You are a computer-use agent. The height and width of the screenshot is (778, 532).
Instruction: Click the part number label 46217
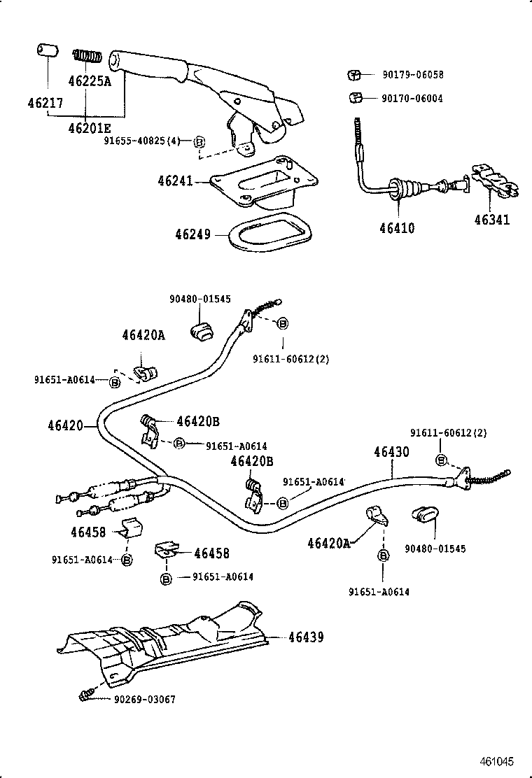[x=45, y=104]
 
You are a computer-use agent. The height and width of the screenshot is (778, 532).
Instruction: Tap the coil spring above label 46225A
[x=89, y=55]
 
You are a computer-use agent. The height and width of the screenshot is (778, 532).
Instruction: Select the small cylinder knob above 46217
[x=46, y=52]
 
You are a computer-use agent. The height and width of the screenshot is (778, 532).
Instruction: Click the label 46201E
[x=90, y=128]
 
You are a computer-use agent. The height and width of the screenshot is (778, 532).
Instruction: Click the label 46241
[x=174, y=181]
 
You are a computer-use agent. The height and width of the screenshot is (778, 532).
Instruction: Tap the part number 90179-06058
[x=412, y=75]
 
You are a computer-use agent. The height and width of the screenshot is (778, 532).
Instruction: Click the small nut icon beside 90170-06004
[x=355, y=98]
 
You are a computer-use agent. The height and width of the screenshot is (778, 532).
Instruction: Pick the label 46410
[x=397, y=228]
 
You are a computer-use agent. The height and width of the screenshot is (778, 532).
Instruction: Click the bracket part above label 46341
[x=494, y=184]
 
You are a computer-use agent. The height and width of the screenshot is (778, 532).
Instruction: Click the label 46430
[x=391, y=452]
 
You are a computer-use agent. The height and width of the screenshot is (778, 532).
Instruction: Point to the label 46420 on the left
[x=66, y=425]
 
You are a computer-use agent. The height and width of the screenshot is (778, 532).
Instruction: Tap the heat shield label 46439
[x=306, y=637]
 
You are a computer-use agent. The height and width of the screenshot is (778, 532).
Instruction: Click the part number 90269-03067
[x=144, y=700]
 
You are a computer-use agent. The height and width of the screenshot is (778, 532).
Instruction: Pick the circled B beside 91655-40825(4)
[x=199, y=141]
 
